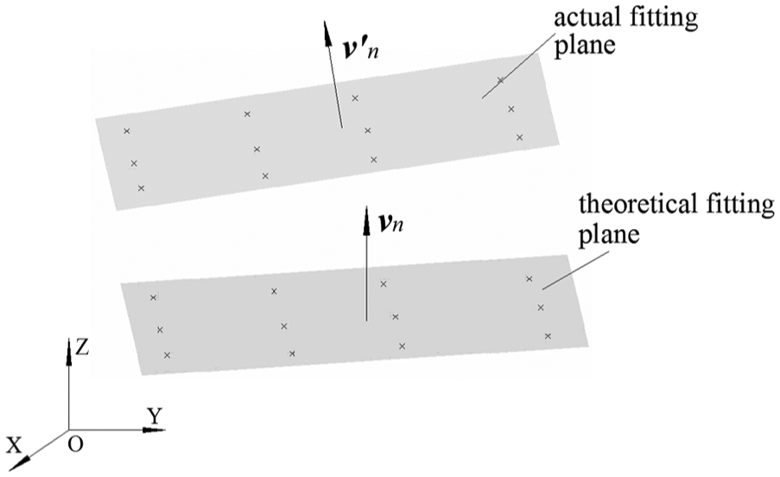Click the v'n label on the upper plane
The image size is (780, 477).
point(361,48)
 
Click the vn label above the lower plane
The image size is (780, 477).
point(390,224)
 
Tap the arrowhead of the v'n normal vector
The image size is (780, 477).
point(327,34)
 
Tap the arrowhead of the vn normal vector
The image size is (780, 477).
point(366,219)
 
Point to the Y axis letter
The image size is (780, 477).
point(155,416)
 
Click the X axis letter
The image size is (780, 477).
point(15,445)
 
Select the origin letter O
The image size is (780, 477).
point(75,444)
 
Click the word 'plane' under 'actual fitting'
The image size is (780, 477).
point(585,46)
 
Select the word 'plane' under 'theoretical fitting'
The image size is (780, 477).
point(609,234)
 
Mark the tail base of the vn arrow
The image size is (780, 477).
point(366,321)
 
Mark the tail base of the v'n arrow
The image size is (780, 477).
point(342,128)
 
